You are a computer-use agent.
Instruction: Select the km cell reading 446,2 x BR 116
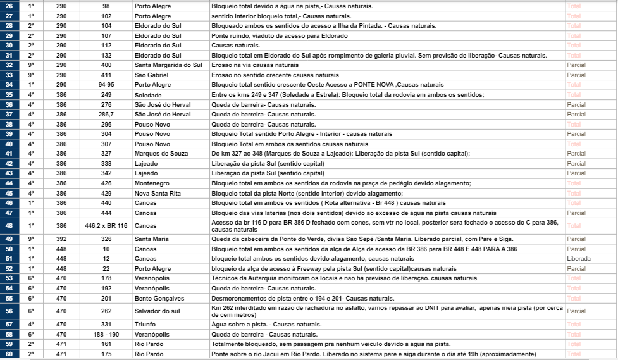pos(106,225)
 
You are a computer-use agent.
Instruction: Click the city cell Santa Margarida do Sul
pos(168,65)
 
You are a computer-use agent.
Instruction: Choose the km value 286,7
pos(106,114)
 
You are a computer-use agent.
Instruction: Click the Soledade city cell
pos(148,94)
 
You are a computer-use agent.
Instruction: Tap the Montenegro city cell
pos(151,183)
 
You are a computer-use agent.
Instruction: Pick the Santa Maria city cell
pos(151,239)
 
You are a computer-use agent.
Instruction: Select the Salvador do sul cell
pos(158,311)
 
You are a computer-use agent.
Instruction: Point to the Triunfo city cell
pos(145,324)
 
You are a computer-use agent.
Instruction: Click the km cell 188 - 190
pos(106,334)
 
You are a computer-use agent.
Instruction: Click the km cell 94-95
pos(106,84)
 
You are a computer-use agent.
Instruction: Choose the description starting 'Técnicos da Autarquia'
pos(345,278)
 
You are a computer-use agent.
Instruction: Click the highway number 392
pos(61,239)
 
